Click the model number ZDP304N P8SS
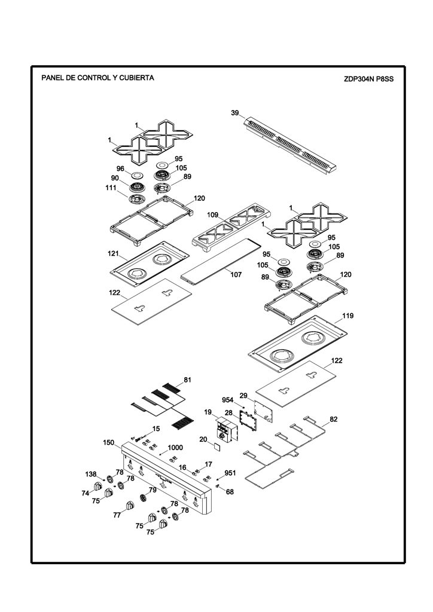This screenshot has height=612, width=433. pyautogui.click(x=368, y=79)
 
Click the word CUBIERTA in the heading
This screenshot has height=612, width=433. pyautogui.click(x=136, y=78)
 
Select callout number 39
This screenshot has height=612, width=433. pyautogui.click(x=234, y=113)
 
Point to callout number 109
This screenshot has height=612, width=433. pyautogui.click(x=212, y=215)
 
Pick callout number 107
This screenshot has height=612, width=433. pyautogui.click(x=236, y=274)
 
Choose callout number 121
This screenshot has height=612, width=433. pyautogui.click(x=113, y=253)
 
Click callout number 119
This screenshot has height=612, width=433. pyautogui.click(x=347, y=316)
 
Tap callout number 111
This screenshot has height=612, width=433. pyautogui.click(x=111, y=188)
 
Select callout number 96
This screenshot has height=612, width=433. pyautogui.click(x=120, y=169)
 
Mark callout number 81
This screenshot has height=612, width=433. pyautogui.click(x=187, y=380)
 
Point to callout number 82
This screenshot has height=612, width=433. pyautogui.click(x=334, y=419)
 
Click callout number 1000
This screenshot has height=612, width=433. pyautogui.click(x=175, y=448)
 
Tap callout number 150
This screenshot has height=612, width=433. pyautogui.click(x=108, y=443)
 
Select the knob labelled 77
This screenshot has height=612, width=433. pyautogui.click(x=130, y=506)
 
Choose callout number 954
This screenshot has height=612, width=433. pyautogui.click(x=228, y=400)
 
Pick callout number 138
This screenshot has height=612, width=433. pyautogui.click(x=90, y=474)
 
